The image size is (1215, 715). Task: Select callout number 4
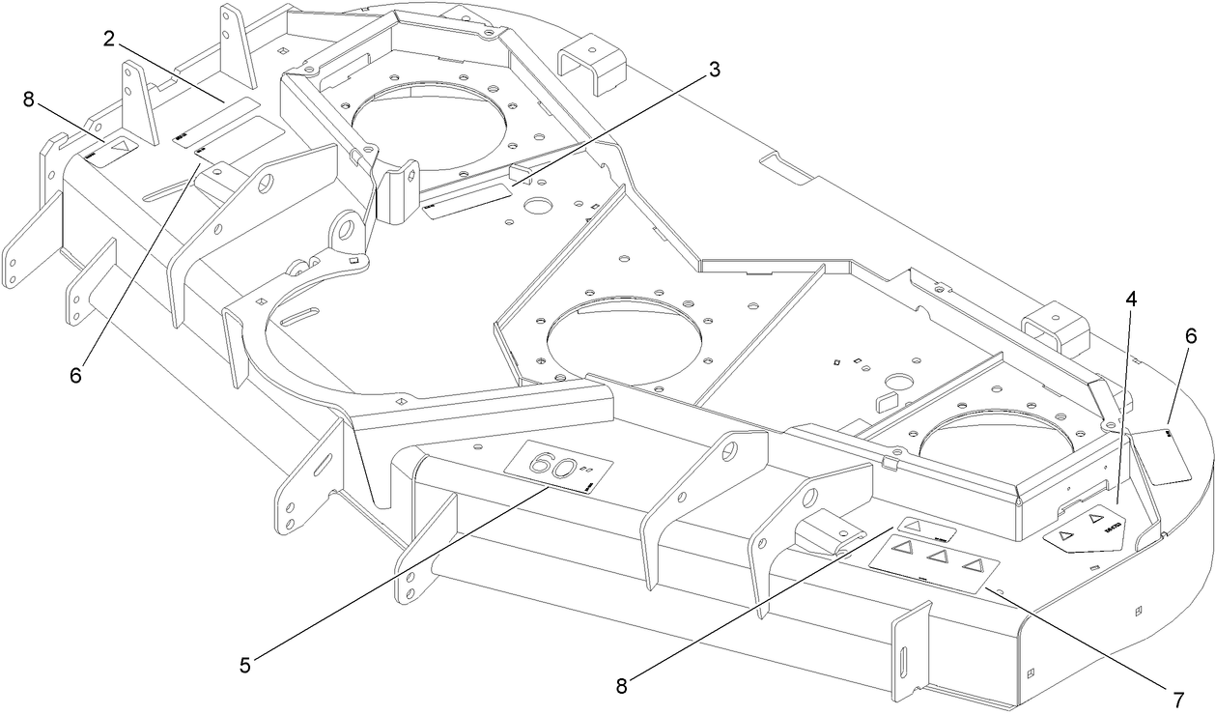click(x=1129, y=299)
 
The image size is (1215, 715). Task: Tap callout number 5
click(x=245, y=664)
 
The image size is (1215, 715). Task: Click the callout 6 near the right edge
click(x=1190, y=335)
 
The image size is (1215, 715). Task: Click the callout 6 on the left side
click(x=76, y=373)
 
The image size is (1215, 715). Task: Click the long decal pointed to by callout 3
click(x=467, y=200)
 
